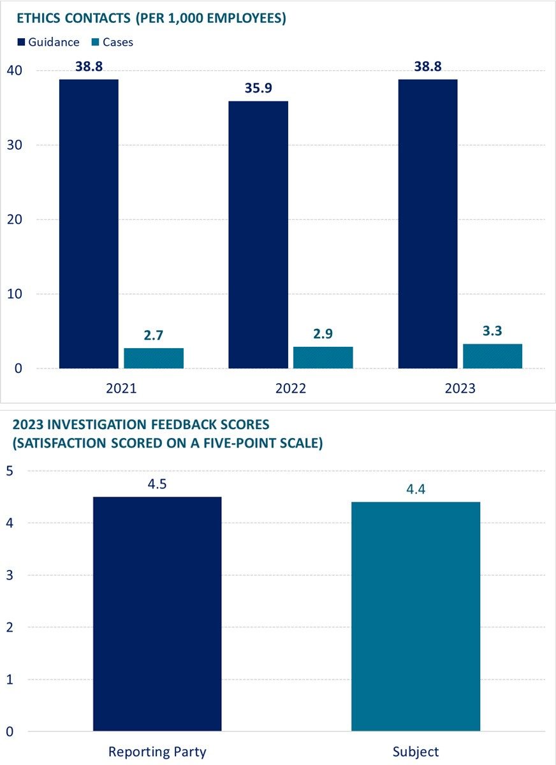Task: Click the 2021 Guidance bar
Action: point(89,223)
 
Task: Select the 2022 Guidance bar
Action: point(258,235)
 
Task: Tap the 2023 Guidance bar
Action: point(428,223)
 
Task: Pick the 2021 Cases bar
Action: point(154,358)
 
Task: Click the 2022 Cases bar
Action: point(323,358)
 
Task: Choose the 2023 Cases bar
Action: point(492,356)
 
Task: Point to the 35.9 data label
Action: point(258,88)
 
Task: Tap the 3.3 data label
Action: point(492,331)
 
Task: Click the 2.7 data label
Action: point(154,335)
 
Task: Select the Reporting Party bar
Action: point(157,613)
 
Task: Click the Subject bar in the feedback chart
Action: point(416,616)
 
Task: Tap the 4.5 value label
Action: point(157,483)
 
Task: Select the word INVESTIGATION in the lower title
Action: point(96,425)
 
